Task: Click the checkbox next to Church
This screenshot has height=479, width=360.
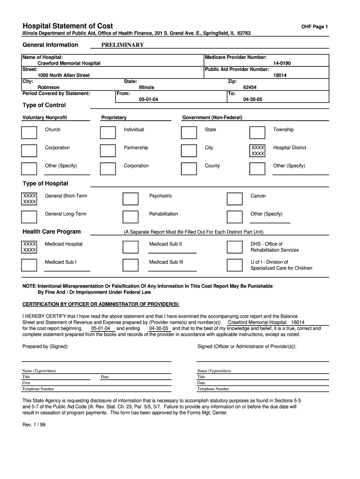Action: pos(29,132)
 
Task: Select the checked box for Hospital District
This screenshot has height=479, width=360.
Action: pos(258,151)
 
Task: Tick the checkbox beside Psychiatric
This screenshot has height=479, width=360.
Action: pos(130,199)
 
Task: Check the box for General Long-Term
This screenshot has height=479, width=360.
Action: pos(29,217)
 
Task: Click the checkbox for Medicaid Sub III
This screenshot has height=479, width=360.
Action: pos(130,265)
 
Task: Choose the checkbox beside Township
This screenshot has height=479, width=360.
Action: pos(257,132)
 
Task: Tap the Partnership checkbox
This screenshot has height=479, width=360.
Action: pos(108,151)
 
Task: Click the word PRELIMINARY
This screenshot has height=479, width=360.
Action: pos(122,45)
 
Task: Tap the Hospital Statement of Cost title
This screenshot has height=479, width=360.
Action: pos(68,26)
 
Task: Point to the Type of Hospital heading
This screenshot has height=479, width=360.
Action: pos(45,183)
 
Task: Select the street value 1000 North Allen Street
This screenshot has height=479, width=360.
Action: pos(64,75)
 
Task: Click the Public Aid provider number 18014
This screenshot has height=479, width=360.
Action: pos(280,75)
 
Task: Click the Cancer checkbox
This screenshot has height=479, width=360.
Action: pos(234,199)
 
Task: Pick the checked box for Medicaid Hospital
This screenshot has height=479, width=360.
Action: pos(29,247)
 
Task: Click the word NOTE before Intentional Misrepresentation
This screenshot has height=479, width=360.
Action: pos(29,286)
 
